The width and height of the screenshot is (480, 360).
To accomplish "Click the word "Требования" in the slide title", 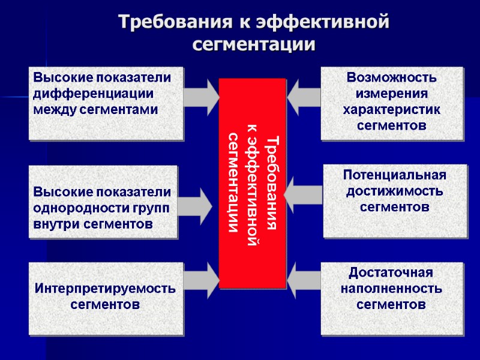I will pyautogui.click(x=170, y=22).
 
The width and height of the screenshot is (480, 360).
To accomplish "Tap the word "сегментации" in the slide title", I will pyautogui.click(x=254, y=44).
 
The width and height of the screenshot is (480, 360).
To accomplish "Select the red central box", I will pyautogui.click(x=252, y=183).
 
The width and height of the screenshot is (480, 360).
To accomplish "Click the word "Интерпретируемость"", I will pyautogui.click(x=106, y=289).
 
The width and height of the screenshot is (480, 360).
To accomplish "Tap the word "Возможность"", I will pyautogui.click(x=392, y=78).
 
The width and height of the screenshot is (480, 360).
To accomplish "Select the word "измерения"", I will pyautogui.click(x=392, y=94).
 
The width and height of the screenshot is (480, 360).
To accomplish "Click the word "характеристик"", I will pyautogui.click(x=392, y=109).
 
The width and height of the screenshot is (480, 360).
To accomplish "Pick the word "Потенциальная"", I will pyautogui.click(x=395, y=175).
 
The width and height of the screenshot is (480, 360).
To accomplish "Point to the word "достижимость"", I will pyautogui.click(x=395, y=191).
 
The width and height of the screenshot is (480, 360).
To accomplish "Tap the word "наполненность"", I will pyautogui.click(x=391, y=289).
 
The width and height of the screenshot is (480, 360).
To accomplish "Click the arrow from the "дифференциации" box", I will pyautogui.click(x=202, y=95).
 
